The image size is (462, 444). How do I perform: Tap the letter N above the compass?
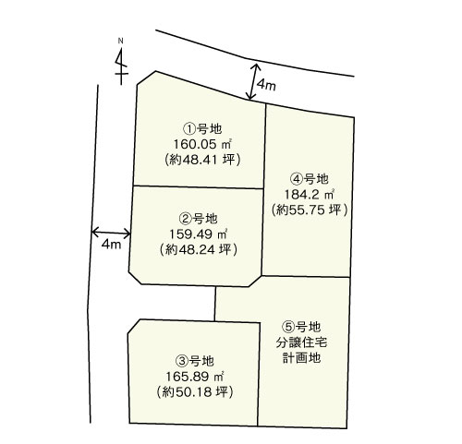(x=121, y=41)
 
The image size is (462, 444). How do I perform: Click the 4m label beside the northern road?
(x=266, y=85)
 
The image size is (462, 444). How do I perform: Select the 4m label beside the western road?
(x=111, y=245)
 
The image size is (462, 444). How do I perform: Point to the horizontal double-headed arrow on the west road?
(x=111, y=233)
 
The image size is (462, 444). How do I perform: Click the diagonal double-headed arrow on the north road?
(x=253, y=81)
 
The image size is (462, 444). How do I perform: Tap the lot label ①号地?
(x=202, y=128)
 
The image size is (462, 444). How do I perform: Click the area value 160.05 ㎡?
(x=202, y=144)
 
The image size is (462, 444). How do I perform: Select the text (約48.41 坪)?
(x=202, y=160)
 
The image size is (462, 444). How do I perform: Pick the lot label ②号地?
(x=198, y=219)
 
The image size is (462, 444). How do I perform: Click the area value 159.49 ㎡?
(x=198, y=234)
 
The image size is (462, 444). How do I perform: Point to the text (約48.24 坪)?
(x=199, y=250)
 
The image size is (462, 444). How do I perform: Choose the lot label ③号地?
(x=194, y=361)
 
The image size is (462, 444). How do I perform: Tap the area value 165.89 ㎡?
(x=195, y=377)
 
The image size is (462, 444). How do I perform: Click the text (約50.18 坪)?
(x=195, y=392)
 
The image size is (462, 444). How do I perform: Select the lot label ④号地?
(x=310, y=179)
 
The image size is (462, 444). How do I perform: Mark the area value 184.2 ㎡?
(x=310, y=195)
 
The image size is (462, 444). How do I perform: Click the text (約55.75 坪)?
(x=310, y=210)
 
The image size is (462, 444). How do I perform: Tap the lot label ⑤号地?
(x=301, y=327)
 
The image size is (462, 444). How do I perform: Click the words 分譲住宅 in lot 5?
(x=301, y=342)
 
